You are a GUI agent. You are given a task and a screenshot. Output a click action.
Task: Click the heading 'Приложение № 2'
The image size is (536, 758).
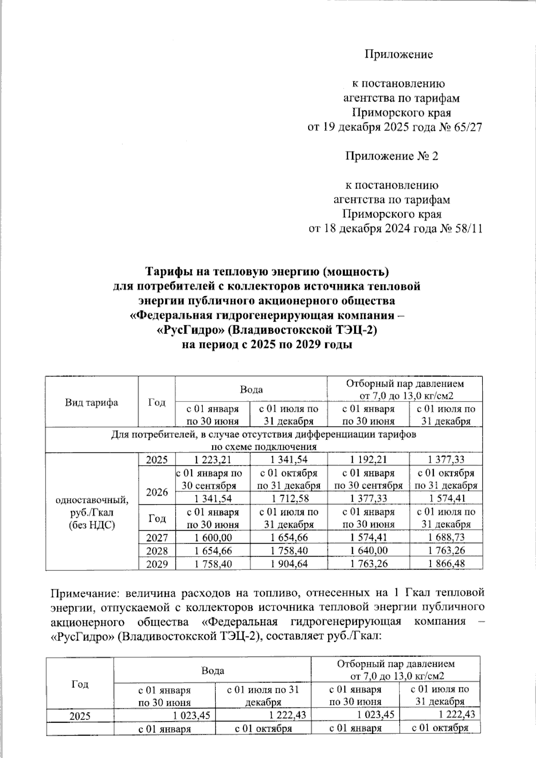(391, 156)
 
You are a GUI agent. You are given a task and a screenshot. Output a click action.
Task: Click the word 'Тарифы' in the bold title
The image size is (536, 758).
(168, 272)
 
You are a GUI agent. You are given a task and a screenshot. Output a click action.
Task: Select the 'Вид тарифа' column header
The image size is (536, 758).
(92, 402)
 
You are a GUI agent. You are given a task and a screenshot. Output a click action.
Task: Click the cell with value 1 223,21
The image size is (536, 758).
(213, 460)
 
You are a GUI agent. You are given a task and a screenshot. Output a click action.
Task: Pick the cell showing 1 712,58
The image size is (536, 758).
(289, 498)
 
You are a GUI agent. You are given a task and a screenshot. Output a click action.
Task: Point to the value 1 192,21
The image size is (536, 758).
(368, 460)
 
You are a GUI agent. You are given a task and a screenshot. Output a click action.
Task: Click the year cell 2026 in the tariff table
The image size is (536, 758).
(157, 492)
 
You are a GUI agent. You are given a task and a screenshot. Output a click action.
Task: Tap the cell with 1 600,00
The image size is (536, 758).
(213, 538)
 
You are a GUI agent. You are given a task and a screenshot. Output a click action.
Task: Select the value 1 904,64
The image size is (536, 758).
(289, 564)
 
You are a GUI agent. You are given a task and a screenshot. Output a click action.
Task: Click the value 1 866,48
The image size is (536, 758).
(446, 564)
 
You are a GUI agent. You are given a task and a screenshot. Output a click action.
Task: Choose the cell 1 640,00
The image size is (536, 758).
(368, 551)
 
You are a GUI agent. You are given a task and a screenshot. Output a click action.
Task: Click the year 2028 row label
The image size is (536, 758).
(157, 551)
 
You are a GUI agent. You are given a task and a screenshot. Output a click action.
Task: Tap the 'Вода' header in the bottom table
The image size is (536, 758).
(213, 670)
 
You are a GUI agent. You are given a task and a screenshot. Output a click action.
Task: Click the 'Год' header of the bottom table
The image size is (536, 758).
(80, 684)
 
